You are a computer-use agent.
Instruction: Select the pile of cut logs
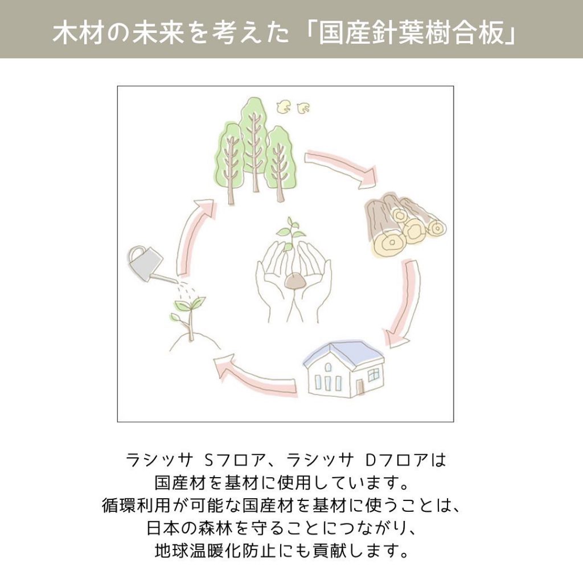coord(405,225)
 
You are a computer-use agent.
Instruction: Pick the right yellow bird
coord(304,107)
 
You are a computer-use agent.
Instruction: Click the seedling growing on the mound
coord(189,316)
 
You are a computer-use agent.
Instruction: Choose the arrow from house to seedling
coord(257,373)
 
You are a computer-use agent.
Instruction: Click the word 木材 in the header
coord(77,35)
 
